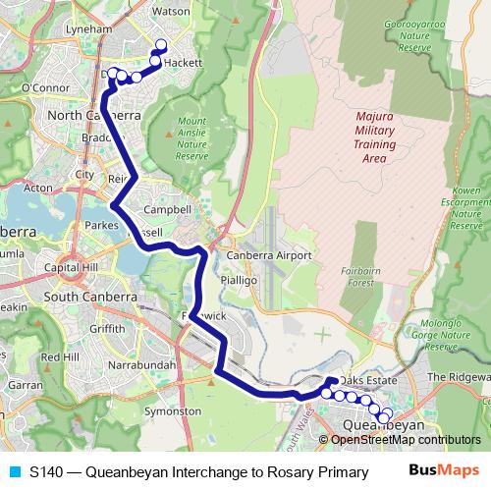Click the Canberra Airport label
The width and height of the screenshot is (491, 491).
(269, 255)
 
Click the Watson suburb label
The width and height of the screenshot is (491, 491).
(171, 12)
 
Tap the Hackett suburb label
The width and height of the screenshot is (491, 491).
(183, 62)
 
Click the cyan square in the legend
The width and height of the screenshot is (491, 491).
(13, 472)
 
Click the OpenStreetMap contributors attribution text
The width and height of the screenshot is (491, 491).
(406, 440)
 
